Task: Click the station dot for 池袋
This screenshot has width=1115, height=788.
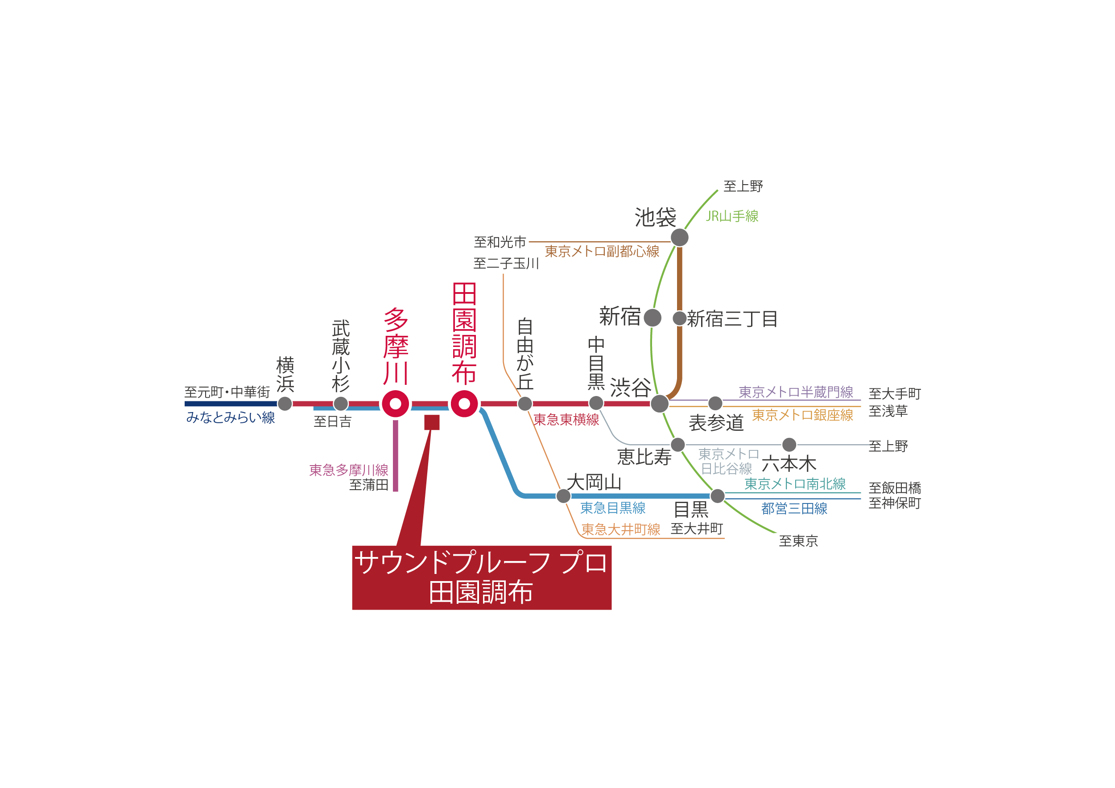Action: coord(679,237)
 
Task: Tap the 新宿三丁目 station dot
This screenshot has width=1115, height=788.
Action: coord(679,318)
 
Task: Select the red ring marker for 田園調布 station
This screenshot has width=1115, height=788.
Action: coord(464,404)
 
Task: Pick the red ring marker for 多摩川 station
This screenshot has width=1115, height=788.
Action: coord(395,404)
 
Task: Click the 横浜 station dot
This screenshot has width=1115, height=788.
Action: coord(285,404)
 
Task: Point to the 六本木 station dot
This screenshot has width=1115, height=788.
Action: coord(789,444)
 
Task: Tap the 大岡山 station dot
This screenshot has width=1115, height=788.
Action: coord(563,496)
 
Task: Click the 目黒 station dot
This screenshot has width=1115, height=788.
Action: coord(717,496)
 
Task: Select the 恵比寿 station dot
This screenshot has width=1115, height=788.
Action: coord(677,444)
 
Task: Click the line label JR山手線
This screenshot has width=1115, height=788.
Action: coord(732,216)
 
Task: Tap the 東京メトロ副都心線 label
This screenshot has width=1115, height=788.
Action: coord(602,251)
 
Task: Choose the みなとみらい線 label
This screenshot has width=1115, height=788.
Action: coord(230,417)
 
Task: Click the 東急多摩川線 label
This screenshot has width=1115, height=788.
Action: coord(349,470)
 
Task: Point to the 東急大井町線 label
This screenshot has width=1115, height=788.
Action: coord(621,529)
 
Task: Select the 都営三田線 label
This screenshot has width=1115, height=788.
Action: coord(794,508)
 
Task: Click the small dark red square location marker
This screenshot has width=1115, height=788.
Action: coord(432,422)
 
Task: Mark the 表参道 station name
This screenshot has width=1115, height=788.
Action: coord(716,423)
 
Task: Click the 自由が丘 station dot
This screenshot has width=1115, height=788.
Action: coord(524,404)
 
